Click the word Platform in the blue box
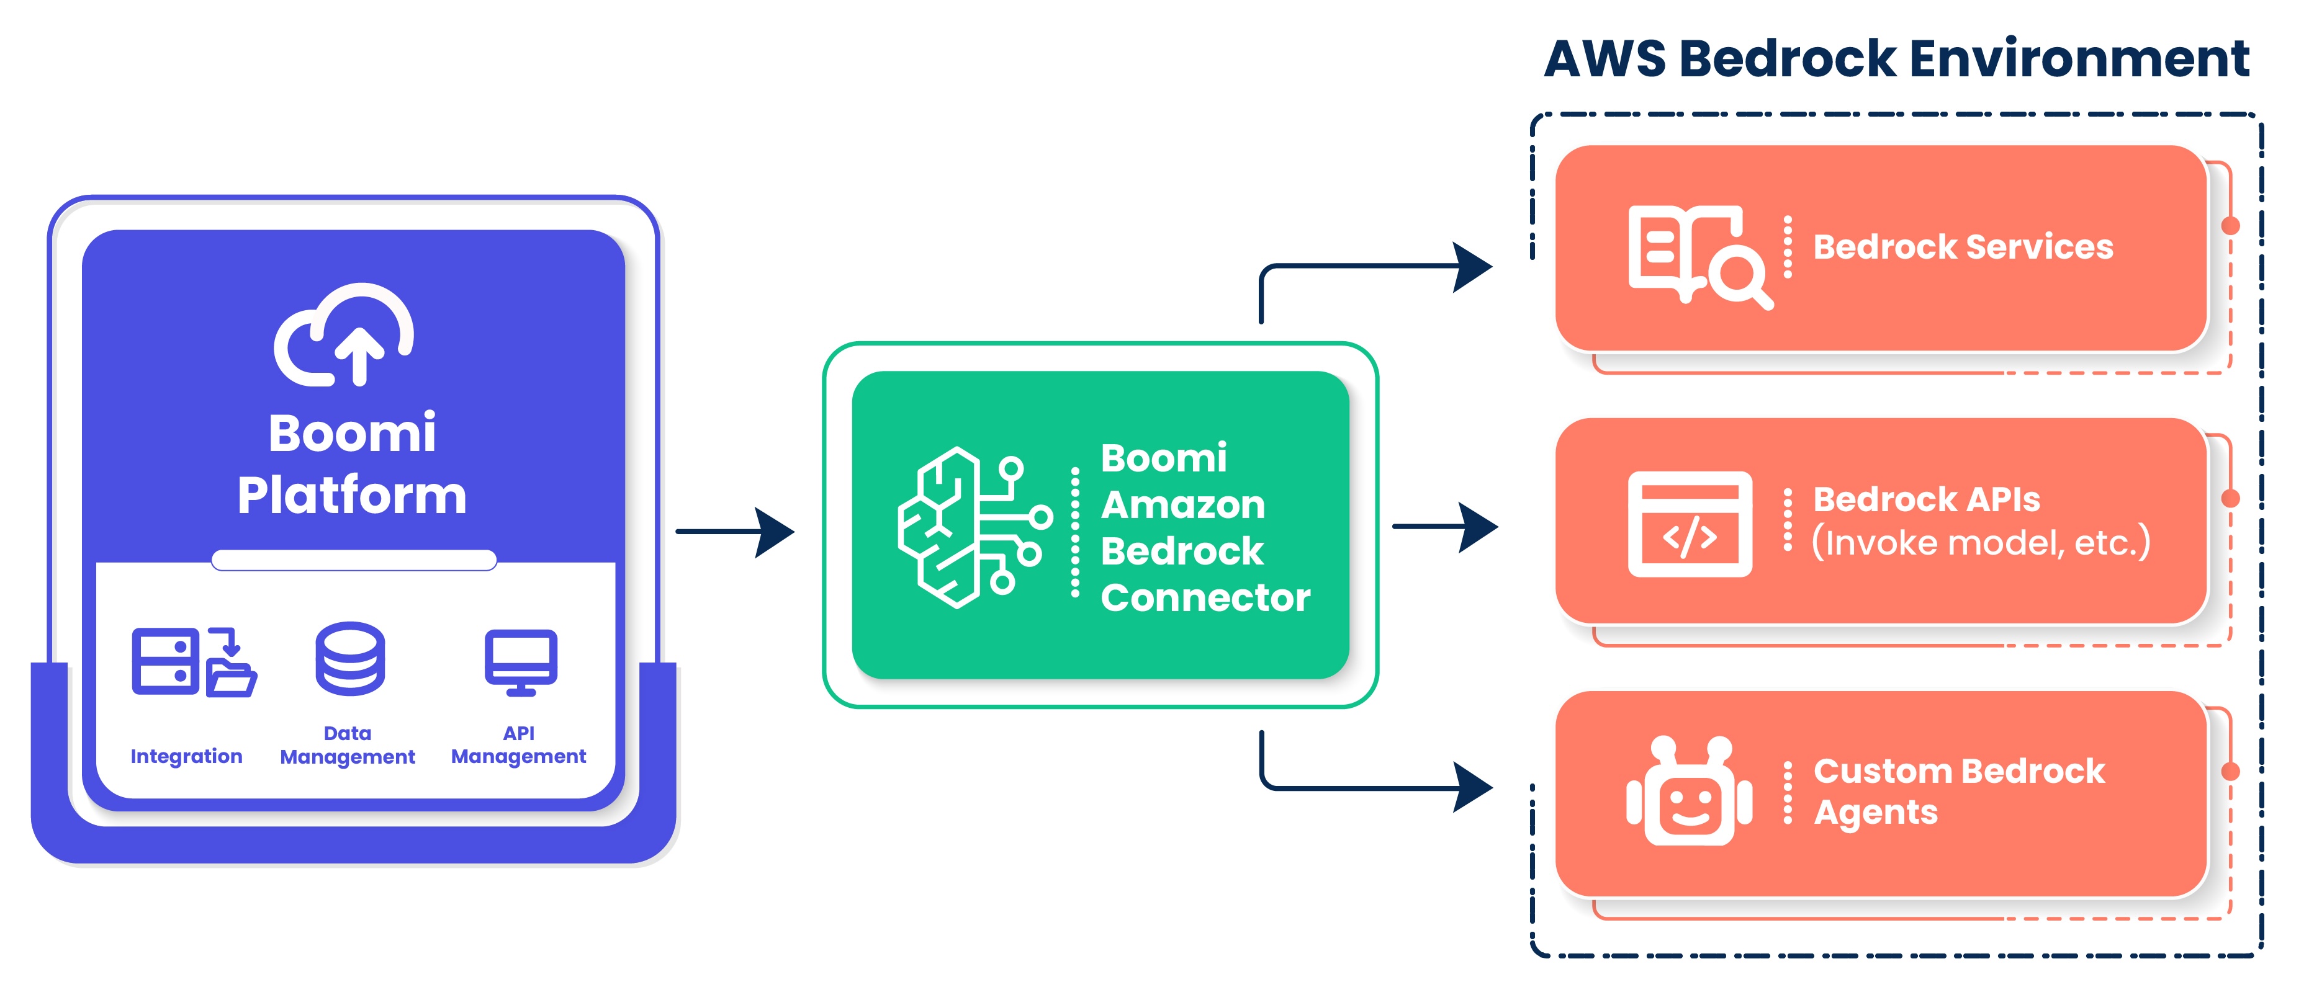353,496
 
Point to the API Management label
518,746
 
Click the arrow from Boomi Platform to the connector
735,532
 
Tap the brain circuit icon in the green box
973,528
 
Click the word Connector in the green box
1205,597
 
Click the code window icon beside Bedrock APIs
1690,524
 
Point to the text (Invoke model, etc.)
1980,543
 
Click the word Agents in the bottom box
1875,813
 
